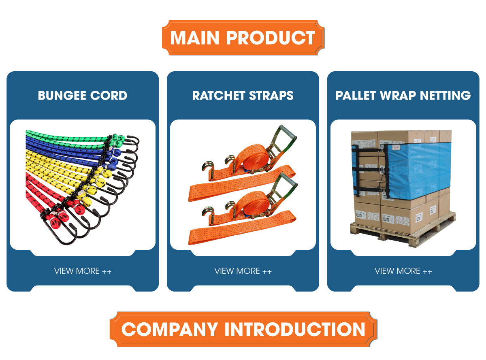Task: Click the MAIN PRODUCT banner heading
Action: (x=243, y=38)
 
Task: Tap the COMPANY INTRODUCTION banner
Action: (x=243, y=329)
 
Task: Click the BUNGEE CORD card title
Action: (x=83, y=96)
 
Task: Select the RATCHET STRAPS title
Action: (x=243, y=96)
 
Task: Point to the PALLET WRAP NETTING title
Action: (x=403, y=96)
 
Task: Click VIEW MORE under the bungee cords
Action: (x=83, y=271)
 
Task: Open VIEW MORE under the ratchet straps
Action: (x=243, y=271)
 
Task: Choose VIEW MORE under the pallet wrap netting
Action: (x=403, y=271)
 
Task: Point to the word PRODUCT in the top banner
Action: (x=271, y=38)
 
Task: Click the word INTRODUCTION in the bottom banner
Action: (x=295, y=329)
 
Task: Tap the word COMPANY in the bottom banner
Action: (x=170, y=329)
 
